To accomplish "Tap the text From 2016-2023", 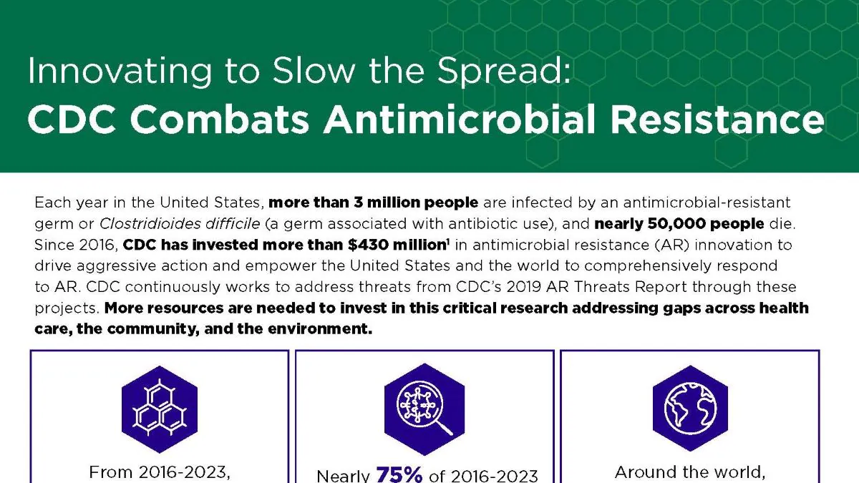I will coord(159,472).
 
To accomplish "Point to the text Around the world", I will coord(689,472).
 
